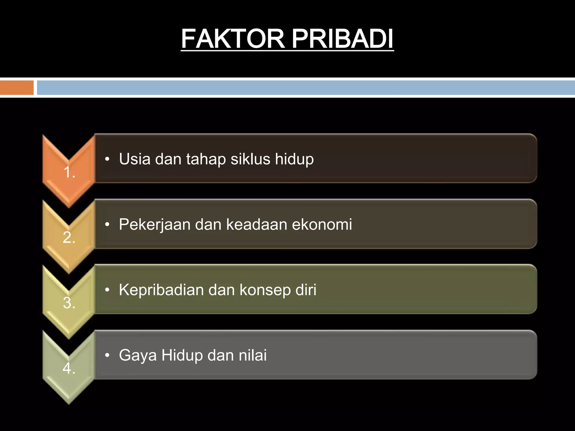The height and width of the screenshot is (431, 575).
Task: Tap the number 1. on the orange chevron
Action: click(x=69, y=172)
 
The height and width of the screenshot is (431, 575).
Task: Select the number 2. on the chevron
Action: click(x=69, y=237)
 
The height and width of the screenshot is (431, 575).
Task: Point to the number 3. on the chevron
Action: click(x=69, y=303)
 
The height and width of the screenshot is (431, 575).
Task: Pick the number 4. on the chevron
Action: click(x=69, y=368)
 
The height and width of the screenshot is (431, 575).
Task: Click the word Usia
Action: click(x=135, y=159)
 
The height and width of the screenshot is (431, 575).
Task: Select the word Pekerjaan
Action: click(x=155, y=225)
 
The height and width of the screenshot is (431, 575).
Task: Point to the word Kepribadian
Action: click(x=161, y=290)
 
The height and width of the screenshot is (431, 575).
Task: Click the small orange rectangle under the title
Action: click(x=17, y=88)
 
